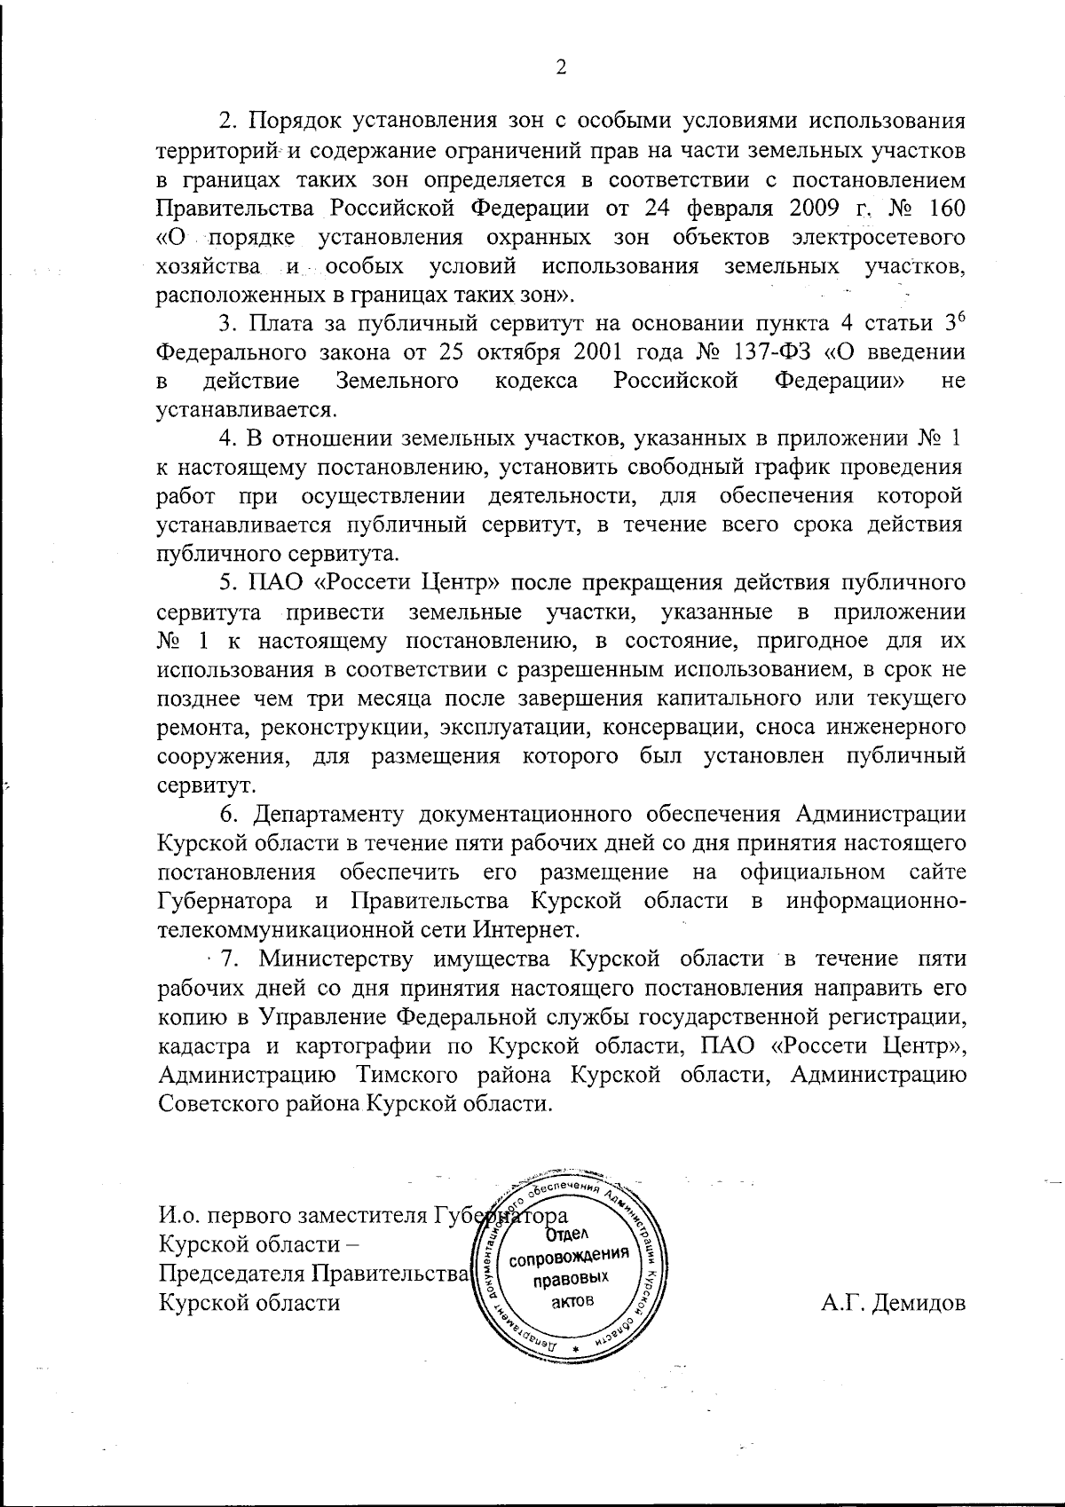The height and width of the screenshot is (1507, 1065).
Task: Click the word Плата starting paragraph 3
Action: (283, 323)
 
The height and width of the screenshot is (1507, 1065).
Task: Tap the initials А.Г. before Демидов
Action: (844, 1303)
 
